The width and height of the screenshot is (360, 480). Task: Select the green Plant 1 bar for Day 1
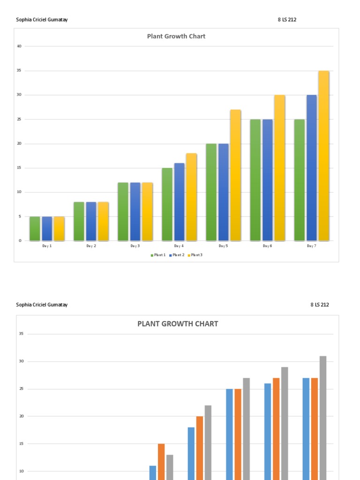[x=35, y=228]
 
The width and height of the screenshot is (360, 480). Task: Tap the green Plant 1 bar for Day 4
[x=167, y=204]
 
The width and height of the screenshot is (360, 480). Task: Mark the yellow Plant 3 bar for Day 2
[x=103, y=221]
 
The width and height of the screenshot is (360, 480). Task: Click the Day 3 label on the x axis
[x=135, y=246]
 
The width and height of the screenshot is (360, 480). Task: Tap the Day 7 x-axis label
[x=311, y=246]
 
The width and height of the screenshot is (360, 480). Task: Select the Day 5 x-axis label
[x=223, y=246]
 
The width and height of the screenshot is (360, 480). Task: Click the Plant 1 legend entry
[x=158, y=255]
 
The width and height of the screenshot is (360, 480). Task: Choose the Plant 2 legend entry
[x=177, y=255]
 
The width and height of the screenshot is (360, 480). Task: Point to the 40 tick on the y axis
[x=19, y=46]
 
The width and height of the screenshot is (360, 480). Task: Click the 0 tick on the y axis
[x=20, y=240]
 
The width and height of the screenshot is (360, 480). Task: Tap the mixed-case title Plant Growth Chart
[x=176, y=36]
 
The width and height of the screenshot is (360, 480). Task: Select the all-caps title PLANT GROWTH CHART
[x=177, y=323]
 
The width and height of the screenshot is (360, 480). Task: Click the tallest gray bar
[x=323, y=417]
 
